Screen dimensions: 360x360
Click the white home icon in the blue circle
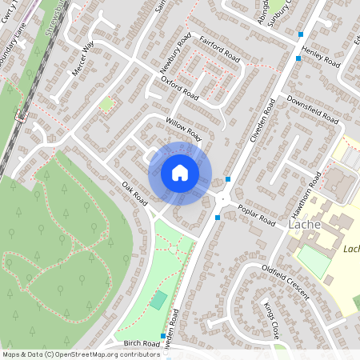(x=180, y=173)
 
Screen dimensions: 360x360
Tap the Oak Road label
(x=135, y=194)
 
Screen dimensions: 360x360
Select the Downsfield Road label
(x=312, y=113)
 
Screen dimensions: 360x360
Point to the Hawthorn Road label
(x=307, y=191)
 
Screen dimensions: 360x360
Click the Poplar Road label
(x=256, y=215)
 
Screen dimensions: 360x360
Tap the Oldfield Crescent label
(x=285, y=283)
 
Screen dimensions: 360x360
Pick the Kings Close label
(x=272, y=318)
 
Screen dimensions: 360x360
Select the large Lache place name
(x=304, y=226)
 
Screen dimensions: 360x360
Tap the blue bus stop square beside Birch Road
(x=163, y=336)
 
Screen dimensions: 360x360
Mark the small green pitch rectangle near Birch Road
(x=158, y=300)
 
